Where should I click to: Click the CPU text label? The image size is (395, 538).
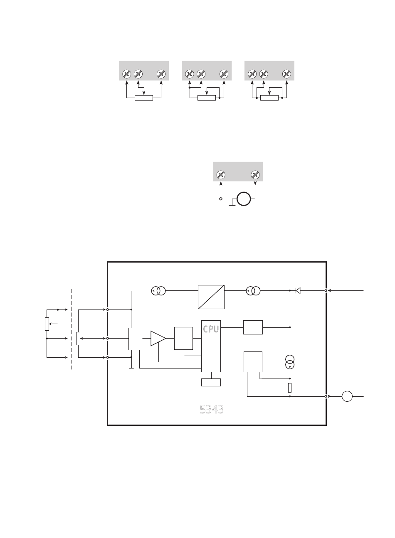(211, 329)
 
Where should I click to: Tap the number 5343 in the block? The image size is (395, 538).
(212, 410)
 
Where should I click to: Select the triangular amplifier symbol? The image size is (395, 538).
(158, 339)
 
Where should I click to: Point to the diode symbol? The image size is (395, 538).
(298, 291)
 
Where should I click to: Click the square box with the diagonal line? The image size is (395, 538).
(211, 297)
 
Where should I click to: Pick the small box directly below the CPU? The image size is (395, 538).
(211, 382)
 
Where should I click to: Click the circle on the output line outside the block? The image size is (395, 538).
(347, 396)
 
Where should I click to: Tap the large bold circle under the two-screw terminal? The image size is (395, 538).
(244, 199)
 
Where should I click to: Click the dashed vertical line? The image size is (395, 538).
(72, 329)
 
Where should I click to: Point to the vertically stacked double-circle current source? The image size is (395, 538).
(290, 362)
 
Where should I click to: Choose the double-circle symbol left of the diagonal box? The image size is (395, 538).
(158, 291)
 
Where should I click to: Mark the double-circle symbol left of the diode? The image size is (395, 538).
(253, 291)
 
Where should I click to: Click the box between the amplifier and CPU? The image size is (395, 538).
(183, 338)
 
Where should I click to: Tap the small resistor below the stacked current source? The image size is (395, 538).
(290, 388)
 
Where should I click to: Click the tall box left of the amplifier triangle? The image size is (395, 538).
(135, 339)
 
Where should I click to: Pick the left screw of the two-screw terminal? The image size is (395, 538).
(221, 175)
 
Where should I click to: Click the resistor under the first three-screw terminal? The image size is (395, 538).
(144, 98)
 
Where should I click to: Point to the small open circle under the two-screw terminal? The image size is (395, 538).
(221, 199)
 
